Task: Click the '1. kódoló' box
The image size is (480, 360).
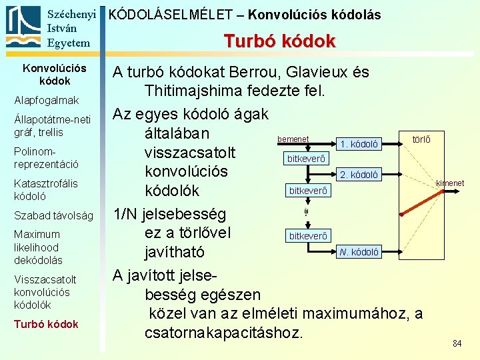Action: tap(359, 144)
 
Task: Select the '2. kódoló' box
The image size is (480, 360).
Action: tap(359, 175)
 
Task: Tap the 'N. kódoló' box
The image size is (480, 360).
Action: tap(359, 252)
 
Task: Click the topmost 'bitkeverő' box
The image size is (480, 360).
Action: tap(306, 159)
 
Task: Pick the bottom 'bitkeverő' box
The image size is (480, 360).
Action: tap(308, 236)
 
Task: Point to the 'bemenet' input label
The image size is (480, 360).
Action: tap(293, 139)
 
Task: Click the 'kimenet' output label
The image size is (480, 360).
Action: tap(450, 183)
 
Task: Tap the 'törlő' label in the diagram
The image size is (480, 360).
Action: tap(421, 140)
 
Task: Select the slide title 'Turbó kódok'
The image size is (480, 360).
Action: tap(279, 41)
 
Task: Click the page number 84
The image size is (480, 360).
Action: tap(457, 343)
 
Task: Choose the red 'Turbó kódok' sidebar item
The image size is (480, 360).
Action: tap(46, 324)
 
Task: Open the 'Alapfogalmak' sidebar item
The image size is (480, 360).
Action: tap(47, 101)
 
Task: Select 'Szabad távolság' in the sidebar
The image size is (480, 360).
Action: tap(53, 215)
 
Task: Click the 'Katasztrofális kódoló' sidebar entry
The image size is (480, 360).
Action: tap(45, 190)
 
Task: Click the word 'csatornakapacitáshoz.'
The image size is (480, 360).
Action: tap(224, 331)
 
